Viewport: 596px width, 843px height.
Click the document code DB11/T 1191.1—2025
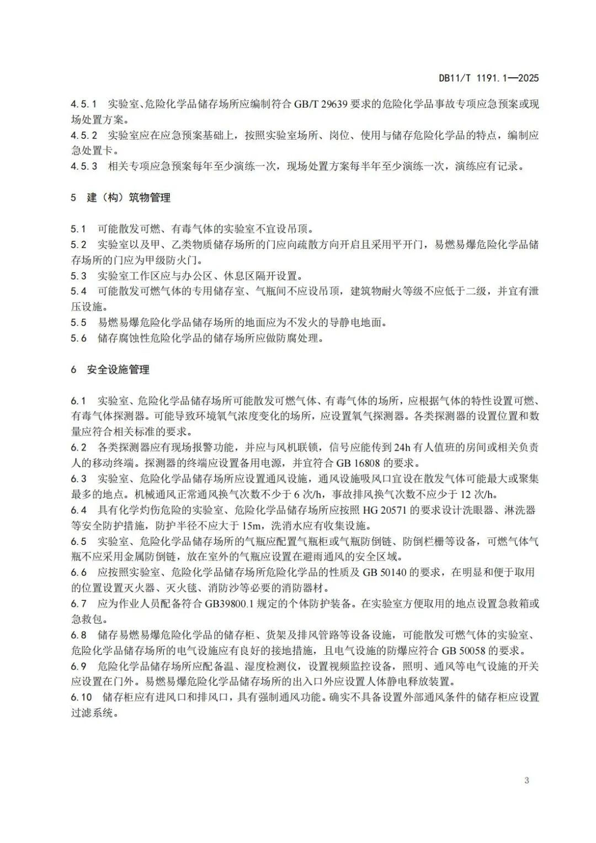pos(488,78)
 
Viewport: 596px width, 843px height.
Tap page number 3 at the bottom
pos(526,780)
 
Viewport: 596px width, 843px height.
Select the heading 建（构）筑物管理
pos(129,198)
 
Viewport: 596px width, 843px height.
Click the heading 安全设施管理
pos(118,370)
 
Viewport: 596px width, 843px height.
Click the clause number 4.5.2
pos(84,135)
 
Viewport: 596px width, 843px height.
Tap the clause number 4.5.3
pos(84,166)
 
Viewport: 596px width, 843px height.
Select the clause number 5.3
pos(78,275)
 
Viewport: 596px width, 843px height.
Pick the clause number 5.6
pos(78,338)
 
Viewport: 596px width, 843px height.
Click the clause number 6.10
pos(81,697)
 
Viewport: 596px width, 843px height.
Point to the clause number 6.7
pos(78,604)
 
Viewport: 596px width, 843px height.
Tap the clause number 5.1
pos(78,228)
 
